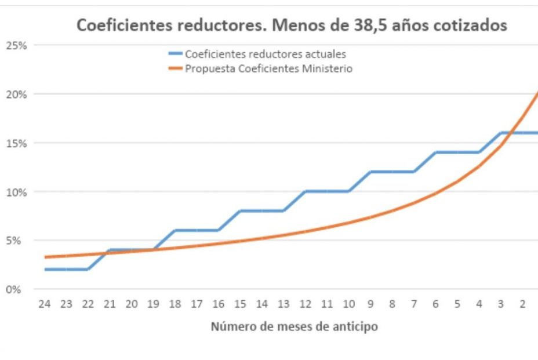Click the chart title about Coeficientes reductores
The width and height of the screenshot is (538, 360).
(x=292, y=26)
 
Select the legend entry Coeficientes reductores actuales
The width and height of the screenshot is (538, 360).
(x=265, y=54)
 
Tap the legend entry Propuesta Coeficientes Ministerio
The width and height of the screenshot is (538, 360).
(x=268, y=69)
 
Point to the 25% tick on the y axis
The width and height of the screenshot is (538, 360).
(x=17, y=45)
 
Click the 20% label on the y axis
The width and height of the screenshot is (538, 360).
(x=17, y=94)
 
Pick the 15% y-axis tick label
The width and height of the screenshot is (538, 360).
(x=17, y=143)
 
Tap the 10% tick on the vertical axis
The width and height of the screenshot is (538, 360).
(x=17, y=192)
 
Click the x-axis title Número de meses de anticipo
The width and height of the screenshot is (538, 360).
(x=294, y=326)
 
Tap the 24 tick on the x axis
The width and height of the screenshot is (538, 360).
(x=45, y=304)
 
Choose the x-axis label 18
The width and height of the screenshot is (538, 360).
(x=175, y=304)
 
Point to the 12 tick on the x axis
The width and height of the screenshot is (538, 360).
(x=305, y=304)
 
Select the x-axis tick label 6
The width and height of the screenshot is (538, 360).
(x=435, y=304)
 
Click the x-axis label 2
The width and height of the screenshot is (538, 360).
(x=522, y=304)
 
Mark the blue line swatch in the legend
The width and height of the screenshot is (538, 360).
(x=175, y=54)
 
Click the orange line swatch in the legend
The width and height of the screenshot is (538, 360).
(x=175, y=69)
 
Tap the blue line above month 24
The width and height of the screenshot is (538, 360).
(x=45, y=270)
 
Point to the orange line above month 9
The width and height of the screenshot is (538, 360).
(x=370, y=217)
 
